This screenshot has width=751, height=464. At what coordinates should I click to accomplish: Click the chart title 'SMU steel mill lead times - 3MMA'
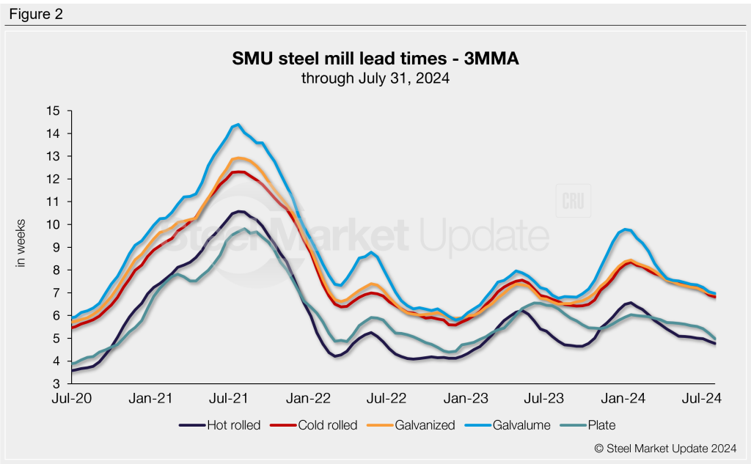375,59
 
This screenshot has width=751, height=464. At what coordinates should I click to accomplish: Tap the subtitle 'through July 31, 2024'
375,78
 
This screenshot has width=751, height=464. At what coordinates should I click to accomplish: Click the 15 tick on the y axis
53,111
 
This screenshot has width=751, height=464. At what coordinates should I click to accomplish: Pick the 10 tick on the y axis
53,224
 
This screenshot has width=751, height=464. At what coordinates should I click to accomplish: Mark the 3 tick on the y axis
56,383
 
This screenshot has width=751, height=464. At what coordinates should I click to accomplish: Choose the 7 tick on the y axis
56,292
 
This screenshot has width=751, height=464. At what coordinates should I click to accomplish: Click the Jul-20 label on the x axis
71,398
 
